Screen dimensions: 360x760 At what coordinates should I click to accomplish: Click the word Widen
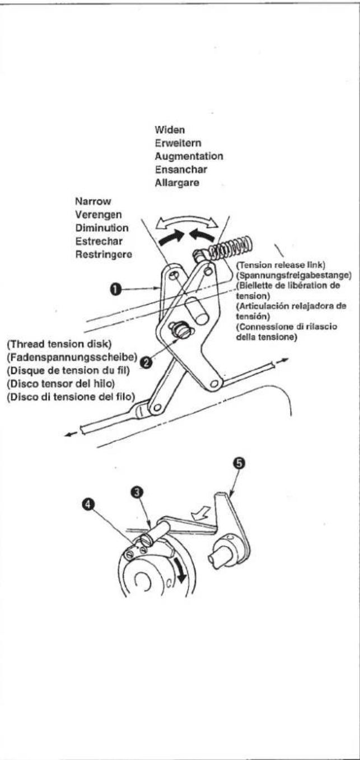[170, 130]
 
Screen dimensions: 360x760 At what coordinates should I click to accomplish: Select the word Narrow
[93, 201]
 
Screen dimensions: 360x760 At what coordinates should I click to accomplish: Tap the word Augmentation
[189, 156]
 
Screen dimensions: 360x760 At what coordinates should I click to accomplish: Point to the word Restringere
[104, 254]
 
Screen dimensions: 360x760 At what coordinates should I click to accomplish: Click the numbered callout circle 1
[116, 289]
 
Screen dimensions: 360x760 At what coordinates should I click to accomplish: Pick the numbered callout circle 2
[147, 363]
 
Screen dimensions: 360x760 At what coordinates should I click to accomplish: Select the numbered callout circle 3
[137, 492]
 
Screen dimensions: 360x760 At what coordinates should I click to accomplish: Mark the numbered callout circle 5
[240, 463]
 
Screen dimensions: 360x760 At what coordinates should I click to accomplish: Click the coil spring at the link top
[231, 248]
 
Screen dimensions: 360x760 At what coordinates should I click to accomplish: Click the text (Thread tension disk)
[59, 344]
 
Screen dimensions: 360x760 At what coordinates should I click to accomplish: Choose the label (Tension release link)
[281, 265]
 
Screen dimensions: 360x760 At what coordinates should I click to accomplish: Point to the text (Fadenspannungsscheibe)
[72, 357]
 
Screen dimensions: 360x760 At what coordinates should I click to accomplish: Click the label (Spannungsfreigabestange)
[294, 275]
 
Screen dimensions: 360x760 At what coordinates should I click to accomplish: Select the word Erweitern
[178, 143]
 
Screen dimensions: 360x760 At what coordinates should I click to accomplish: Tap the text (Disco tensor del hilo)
[60, 384]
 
